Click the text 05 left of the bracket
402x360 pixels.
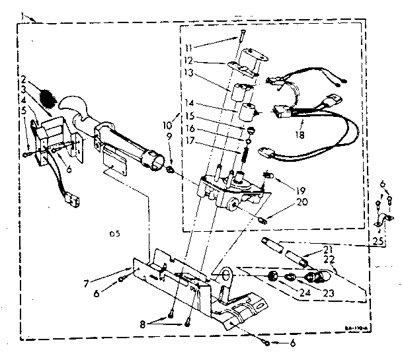[113, 233]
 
